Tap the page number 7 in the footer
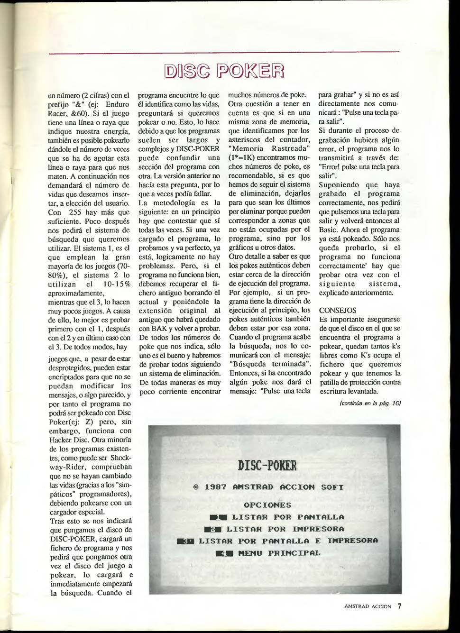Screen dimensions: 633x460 point(399,606)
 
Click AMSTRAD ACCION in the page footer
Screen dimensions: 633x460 point(368,606)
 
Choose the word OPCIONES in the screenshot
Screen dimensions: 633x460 point(267,505)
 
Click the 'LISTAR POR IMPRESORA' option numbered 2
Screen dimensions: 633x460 point(285,529)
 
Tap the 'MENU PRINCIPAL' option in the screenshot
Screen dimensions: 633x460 point(279,553)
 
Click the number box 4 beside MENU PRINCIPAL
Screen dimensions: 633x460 point(224,553)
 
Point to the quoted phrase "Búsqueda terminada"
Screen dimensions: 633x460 point(268,364)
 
